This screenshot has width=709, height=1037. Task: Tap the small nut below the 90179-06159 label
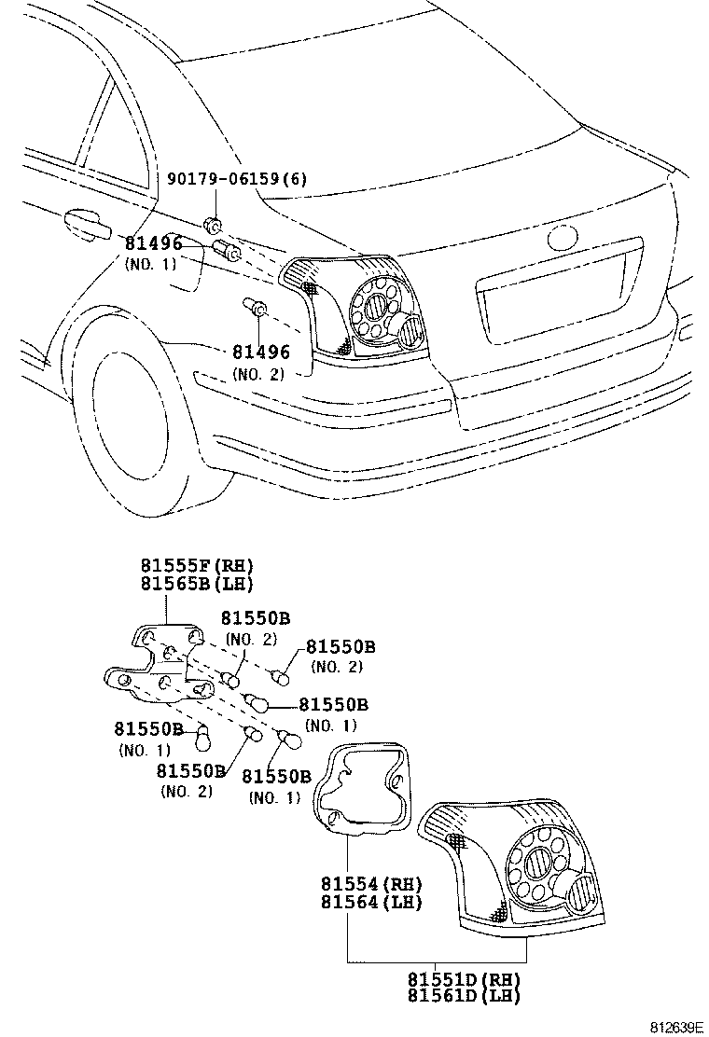(x=214, y=226)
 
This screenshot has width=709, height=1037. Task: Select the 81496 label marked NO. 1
(x=153, y=244)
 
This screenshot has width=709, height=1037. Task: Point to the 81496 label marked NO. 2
(x=261, y=353)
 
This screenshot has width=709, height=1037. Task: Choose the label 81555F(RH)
(x=197, y=566)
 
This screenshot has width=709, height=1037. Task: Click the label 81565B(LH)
(x=197, y=584)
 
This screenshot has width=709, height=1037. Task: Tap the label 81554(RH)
(x=371, y=884)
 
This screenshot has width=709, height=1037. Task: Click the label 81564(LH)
(x=371, y=902)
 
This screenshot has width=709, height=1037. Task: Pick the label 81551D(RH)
(x=463, y=979)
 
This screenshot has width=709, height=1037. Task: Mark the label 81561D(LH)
(x=463, y=996)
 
